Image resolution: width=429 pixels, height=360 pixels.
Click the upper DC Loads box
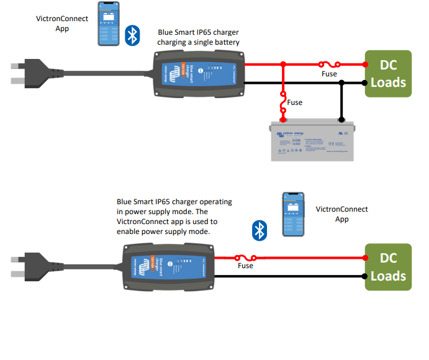pos(388,74)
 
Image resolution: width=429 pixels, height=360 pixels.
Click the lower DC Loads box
pos(388,266)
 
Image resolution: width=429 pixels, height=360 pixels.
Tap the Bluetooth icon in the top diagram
pos(132,35)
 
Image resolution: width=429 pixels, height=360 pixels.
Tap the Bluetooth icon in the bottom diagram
pos(260,230)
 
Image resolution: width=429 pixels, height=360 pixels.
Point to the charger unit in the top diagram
pos(199,73)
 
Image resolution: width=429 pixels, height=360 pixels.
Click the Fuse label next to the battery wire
pos(296,102)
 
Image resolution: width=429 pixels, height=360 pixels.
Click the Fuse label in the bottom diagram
pos(245,266)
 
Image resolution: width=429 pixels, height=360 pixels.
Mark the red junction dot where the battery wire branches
pos(284,63)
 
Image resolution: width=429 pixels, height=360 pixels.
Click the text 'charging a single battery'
pos(197,42)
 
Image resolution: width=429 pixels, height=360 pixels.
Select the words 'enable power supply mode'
pos(164,231)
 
